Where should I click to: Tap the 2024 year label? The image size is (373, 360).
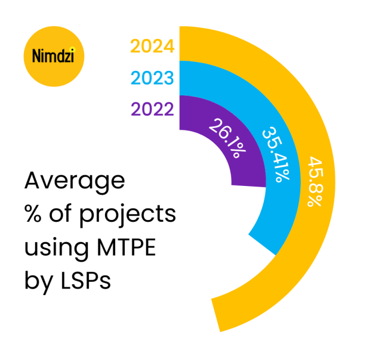[152, 46]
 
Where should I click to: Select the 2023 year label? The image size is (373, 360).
[152, 78]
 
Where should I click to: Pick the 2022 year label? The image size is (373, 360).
[152, 110]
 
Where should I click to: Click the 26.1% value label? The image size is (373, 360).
[227, 141]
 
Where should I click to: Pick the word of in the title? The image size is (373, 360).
[63, 215]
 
